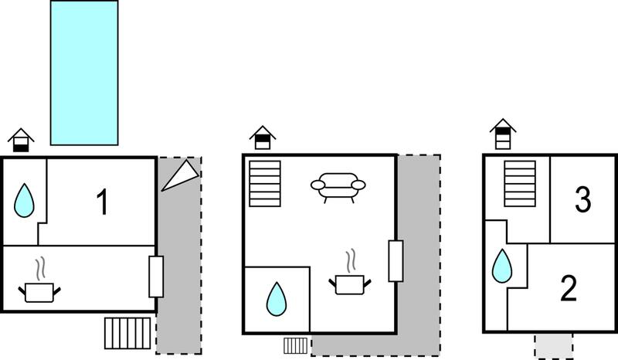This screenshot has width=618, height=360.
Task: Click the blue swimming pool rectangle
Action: click(84, 73)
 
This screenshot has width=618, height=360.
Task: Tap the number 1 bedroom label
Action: click(103, 202)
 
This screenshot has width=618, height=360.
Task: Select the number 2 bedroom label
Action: click(569, 288)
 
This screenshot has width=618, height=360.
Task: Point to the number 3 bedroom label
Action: click(583, 199)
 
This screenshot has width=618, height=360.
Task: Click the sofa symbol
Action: click(338, 188)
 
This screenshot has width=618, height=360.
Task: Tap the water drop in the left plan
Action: click(24, 200)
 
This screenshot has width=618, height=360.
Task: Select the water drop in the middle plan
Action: click(277, 299)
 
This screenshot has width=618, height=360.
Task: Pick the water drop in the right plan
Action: click(502, 266)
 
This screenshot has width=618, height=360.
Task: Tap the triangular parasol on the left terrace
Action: click(181, 175)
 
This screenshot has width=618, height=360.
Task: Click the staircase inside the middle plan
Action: click(265, 184)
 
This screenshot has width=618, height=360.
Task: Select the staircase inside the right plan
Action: click(520, 184)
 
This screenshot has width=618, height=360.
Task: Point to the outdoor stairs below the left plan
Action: click(127, 333)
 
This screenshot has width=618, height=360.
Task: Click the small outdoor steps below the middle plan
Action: click(296, 345)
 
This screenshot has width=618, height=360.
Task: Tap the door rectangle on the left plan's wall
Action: click(156, 277)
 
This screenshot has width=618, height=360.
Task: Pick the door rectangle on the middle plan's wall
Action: click(396, 261)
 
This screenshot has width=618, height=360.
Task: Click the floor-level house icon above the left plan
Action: click(21, 141)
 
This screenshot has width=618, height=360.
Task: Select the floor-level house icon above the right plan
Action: click(503, 134)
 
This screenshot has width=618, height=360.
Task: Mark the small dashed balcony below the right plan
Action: click(553, 346)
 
